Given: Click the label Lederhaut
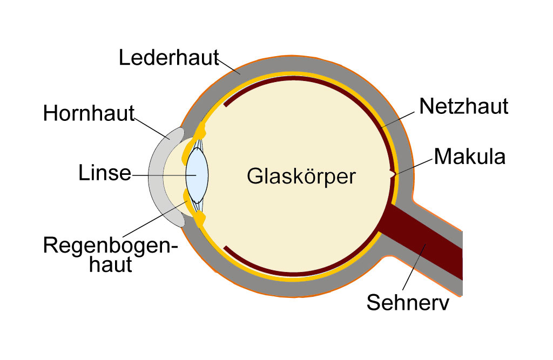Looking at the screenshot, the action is (168, 57).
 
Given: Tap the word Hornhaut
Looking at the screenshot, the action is (89, 113).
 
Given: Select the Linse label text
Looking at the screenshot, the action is (105, 173).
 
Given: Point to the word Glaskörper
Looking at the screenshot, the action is (301, 176).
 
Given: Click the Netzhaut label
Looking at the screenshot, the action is (464, 106).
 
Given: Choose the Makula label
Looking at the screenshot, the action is (469, 157).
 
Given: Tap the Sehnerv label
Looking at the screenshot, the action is (408, 302).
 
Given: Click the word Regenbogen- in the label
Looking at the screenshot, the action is (110, 246).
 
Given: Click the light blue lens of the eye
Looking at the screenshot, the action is (197, 175).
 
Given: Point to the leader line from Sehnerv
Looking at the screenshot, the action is (414, 267).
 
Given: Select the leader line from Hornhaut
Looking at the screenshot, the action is (152, 128).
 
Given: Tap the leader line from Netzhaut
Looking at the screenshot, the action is (398, 120).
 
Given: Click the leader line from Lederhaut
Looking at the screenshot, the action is (228, 66).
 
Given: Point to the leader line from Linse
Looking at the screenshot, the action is (164, 175).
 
